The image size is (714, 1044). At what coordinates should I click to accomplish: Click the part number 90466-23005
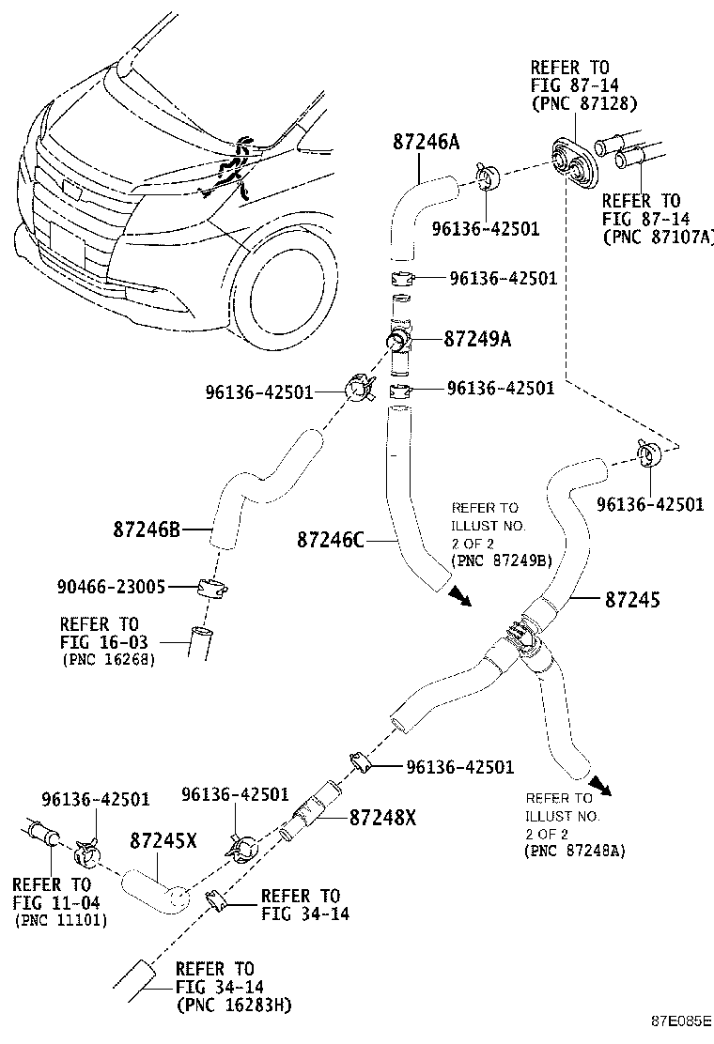click(109, 588)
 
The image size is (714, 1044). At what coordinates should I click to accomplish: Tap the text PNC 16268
click(109, 660)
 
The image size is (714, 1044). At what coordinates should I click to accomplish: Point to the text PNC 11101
click(61, 921)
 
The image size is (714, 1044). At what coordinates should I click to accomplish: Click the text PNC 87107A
click(658, 237)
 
